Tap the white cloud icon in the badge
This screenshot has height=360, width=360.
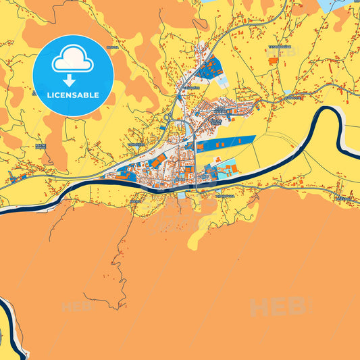coord(72,61)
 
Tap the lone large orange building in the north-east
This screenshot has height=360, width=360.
coord(272,61)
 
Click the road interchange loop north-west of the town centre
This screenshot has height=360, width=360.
coord(168,118)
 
